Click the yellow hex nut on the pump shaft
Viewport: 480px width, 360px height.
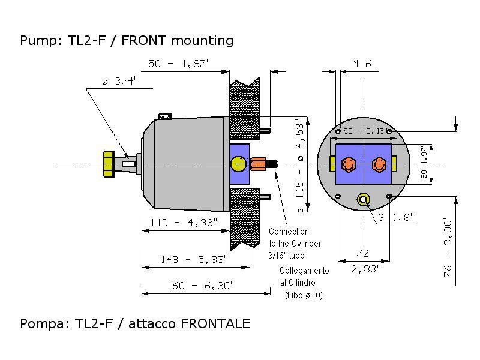tap(109, 163)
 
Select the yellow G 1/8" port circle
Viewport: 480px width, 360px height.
tap(363, 200)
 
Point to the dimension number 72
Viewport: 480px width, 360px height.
tap(362, 253)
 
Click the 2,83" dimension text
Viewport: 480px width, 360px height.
tap(365, 269)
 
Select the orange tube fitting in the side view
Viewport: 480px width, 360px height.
tap(259, 163)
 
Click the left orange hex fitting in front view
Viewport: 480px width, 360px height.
tap(347, 164)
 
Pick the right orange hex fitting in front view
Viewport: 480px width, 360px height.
tap(379, 164)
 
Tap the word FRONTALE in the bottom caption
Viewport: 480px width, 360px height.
tap(215, 324)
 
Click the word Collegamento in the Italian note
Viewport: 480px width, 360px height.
tap(304, 271)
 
